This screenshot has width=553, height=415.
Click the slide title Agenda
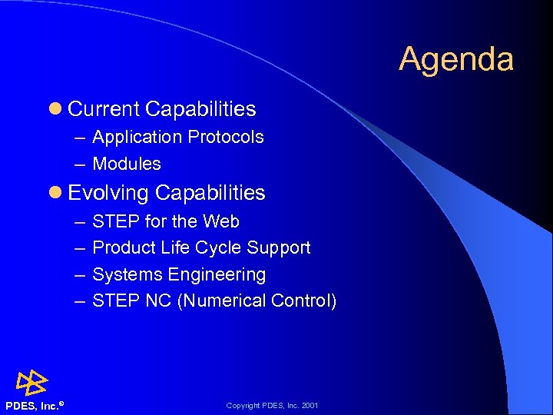tap(455, 59)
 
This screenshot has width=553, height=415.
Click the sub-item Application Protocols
tap(177, 137)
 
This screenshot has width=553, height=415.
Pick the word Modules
tap(127, 164)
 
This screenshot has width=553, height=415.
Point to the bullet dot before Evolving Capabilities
tap(55, 193)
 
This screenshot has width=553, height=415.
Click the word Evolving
tap(108, 192)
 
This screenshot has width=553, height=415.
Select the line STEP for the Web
tap(165, 221)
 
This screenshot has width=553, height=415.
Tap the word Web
tap(221, 221)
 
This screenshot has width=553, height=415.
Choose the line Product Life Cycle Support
tap(201, 247)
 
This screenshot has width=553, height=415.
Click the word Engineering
tap(217, 274)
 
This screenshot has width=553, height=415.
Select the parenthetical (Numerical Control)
tap(257, 300)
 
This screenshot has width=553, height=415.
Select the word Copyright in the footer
tap(243, 405)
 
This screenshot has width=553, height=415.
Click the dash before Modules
tap(81, 164)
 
